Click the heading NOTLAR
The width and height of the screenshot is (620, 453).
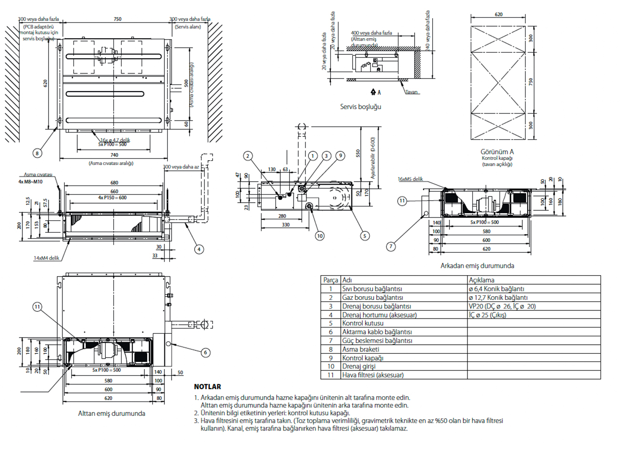coord(207,387)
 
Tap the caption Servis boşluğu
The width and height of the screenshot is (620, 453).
coord(360,107)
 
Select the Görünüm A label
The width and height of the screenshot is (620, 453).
coord(498,152)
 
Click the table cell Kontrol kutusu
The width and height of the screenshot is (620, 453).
coord(363,323)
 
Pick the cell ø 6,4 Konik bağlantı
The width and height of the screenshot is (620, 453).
coord(496,289)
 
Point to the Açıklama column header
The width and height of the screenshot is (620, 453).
coord(481,280)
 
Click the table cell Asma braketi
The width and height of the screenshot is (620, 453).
coord(360,349)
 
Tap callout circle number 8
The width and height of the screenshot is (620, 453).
coord(37,153)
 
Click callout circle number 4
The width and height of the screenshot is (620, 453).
coord(199,249)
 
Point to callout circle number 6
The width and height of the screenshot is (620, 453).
coord(205,352)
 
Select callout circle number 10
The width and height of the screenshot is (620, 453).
coord(319,236)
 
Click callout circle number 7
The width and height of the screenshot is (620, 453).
coord(391,247)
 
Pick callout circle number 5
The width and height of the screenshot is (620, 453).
coord(365,236)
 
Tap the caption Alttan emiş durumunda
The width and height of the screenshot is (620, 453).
coord(112,413)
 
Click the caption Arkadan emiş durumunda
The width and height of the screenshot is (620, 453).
coord(477,266)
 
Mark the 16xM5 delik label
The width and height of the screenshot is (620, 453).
coord(410,179)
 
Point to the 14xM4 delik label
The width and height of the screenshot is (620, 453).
coord(46,258)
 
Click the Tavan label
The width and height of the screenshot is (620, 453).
coord(412,92)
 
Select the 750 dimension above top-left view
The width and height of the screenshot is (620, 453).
coord(117,20)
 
